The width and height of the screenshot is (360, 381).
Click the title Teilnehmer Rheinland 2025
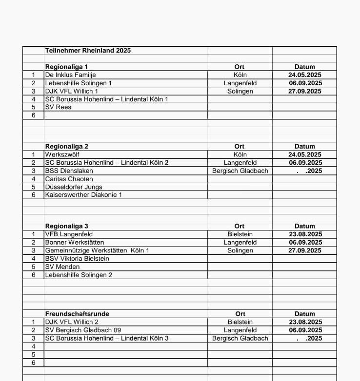[x=88, y=50]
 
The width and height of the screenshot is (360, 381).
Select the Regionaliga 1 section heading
[x=66, y=67]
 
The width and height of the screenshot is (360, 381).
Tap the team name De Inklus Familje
[x=70, y=75]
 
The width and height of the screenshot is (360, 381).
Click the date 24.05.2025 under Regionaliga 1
[x=305, y=75]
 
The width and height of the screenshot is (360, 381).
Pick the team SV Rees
[x=58, y=107]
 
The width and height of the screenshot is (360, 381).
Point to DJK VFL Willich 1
[x=72, y=91]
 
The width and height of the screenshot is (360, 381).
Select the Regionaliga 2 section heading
[x=66, y=146]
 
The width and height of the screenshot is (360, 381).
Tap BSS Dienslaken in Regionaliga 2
[x=69, y=171]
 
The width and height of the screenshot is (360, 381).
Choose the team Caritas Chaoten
[x=69, y=179]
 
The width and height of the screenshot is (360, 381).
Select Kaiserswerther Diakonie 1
[x=83, y=195]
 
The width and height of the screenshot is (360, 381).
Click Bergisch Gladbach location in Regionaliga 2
[x=240, y=171]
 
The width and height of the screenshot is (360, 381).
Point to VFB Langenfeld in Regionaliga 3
[x=69, y=234]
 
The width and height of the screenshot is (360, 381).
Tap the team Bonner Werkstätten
[x=74, y=242]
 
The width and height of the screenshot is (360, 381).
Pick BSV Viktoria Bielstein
[x=77, y=259]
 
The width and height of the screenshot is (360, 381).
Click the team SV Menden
[x=62, y=267]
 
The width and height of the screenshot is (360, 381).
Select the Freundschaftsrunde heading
[x=77, y=314]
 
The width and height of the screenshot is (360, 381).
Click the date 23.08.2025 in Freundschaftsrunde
[x=305, y=322]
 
